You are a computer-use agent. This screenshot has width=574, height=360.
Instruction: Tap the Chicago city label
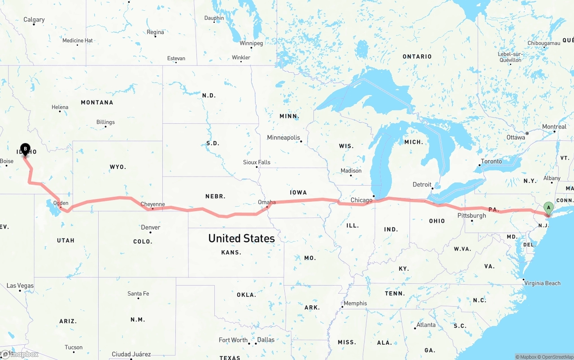click(361, 200)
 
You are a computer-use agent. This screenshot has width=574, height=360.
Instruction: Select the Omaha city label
click(267, 202)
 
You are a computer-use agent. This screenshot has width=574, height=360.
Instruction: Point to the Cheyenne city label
click(153, 204)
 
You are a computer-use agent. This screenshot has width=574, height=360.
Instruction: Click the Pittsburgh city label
click(471, 216)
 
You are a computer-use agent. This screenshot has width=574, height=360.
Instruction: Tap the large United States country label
click(241, 239)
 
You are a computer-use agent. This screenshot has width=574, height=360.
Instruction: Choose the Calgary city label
click(34, 20)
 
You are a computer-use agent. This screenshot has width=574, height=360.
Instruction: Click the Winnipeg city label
click(251, 43)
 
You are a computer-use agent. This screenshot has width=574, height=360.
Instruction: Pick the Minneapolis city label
click(283, 138)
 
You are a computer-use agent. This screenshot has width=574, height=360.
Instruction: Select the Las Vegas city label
click(20, 286)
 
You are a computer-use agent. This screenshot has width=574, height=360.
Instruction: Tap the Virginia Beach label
click(543, 283)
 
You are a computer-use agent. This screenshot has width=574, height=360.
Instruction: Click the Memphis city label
click(355, 304)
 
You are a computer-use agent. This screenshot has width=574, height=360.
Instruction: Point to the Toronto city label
click(491, 161)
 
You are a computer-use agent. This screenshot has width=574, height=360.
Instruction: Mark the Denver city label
click(151, 227)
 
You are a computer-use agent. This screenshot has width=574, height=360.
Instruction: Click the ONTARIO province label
click(417, 56)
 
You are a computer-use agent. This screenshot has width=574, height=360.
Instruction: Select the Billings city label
click(105, 122)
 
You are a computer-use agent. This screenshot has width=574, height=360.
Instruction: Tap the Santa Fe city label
click(138, 294)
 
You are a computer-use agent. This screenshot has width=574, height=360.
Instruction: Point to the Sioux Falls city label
click(257, 162)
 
